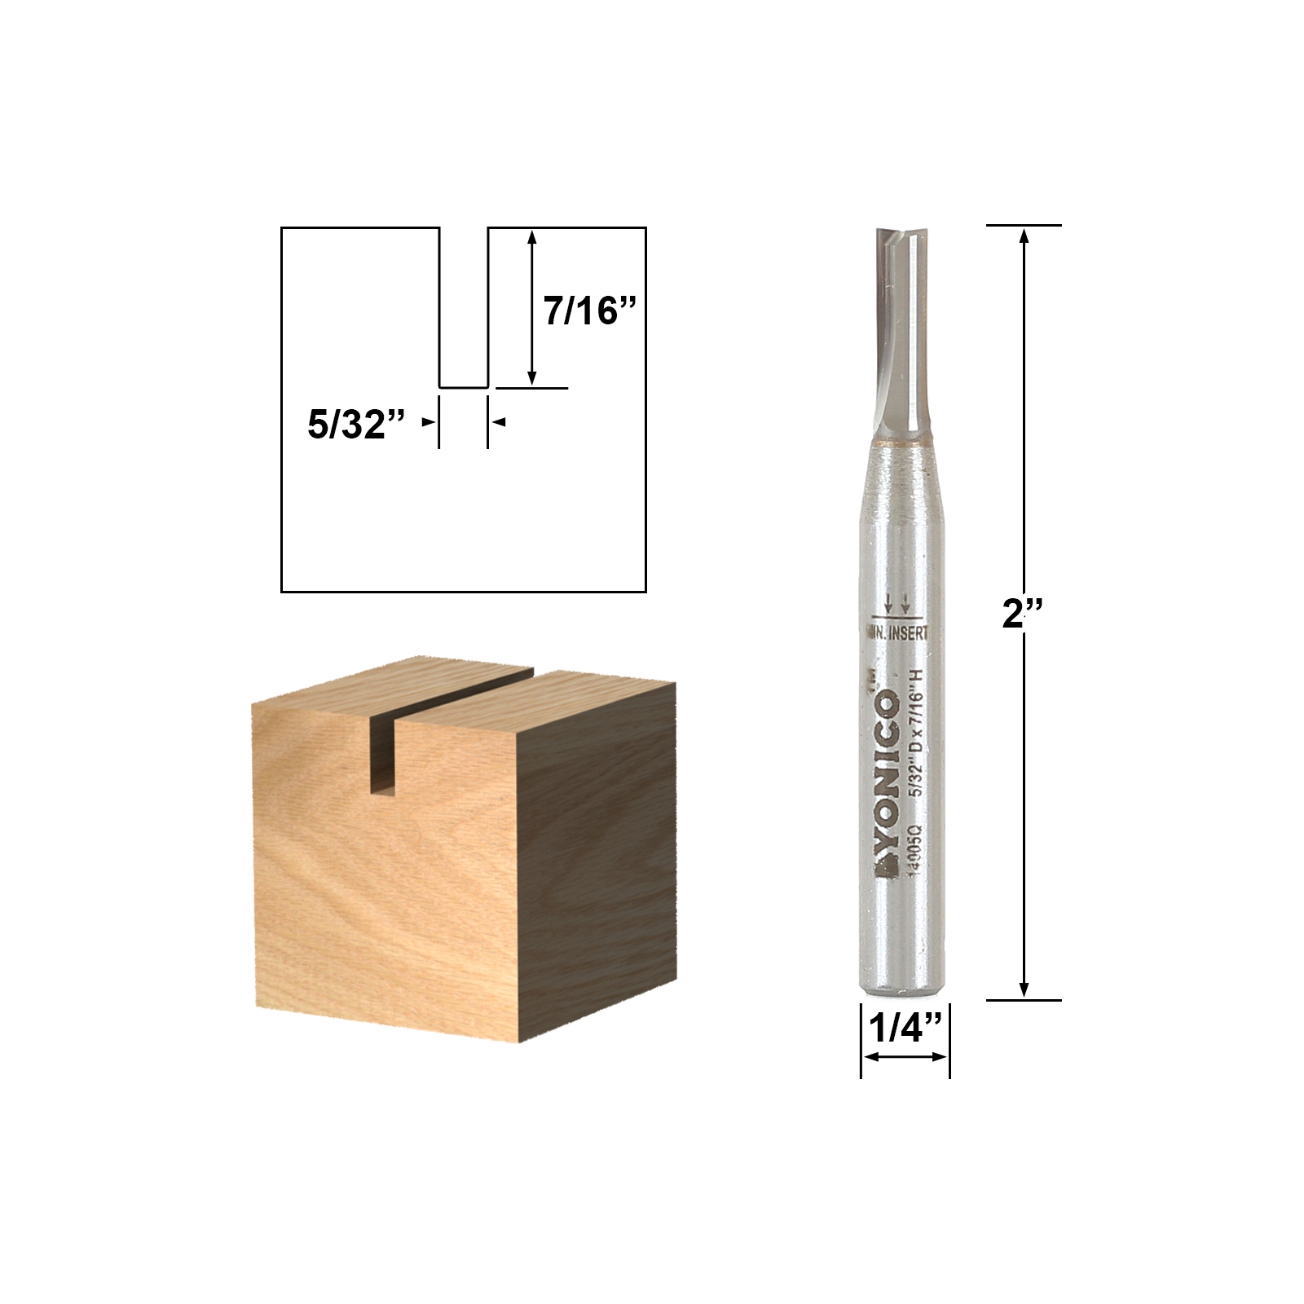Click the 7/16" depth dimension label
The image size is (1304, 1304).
pos(589,311)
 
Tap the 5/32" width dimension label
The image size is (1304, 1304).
pos(356,425)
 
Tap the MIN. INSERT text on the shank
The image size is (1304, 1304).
pos(895,632)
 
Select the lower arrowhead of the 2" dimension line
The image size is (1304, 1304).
pos(1024,989)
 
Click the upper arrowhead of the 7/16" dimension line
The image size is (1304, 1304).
pos(532,237)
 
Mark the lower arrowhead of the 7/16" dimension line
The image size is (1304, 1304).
pos(532,377)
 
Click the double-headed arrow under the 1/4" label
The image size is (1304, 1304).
pos(905,1057)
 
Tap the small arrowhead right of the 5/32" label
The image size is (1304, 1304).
pos(500,422)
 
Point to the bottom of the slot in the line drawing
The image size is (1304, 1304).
pos(464,387)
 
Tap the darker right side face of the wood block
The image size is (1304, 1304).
pos(595,856)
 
